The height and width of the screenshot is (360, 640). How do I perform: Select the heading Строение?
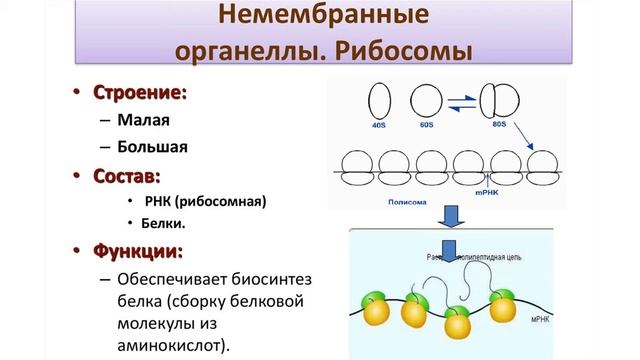coord(141,93)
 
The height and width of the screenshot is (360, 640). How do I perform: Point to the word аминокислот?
coord(169,345)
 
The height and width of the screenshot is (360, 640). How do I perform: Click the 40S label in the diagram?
coord(378,125)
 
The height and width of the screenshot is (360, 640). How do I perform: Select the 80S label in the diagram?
coord(501,125)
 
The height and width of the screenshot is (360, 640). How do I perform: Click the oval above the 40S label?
coord(379,100)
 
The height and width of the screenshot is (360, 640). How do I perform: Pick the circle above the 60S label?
coord(426,100)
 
